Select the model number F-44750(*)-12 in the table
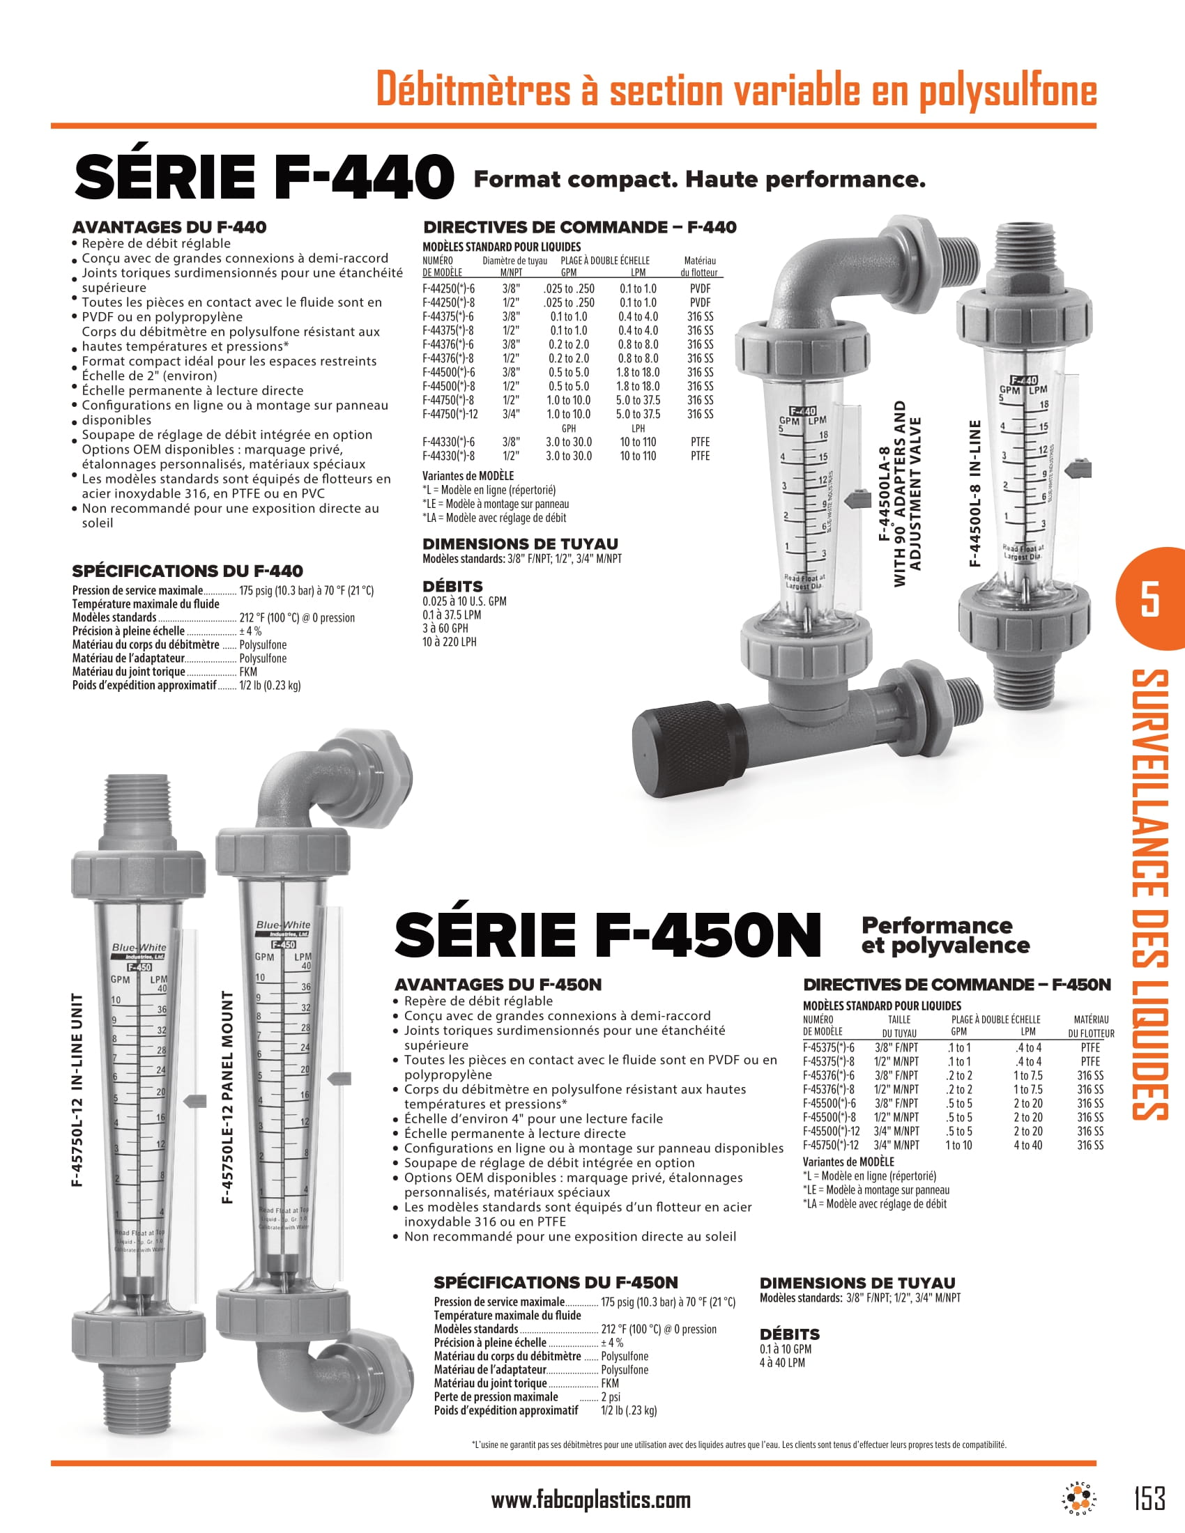click(x=450, y=414)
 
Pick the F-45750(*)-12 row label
click(x=830, y=1145)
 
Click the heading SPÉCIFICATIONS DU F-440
click(x=188, y=571)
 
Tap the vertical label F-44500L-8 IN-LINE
click(x=974, y=493)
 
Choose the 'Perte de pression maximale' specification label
click(x=496, y=1397)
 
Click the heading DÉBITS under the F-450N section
click(x=789, y=1334)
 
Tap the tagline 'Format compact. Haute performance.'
click(x=699, y=180)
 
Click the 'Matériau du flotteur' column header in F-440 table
click(x=699, y=267)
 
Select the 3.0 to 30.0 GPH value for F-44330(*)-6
click(x=569, y=442)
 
